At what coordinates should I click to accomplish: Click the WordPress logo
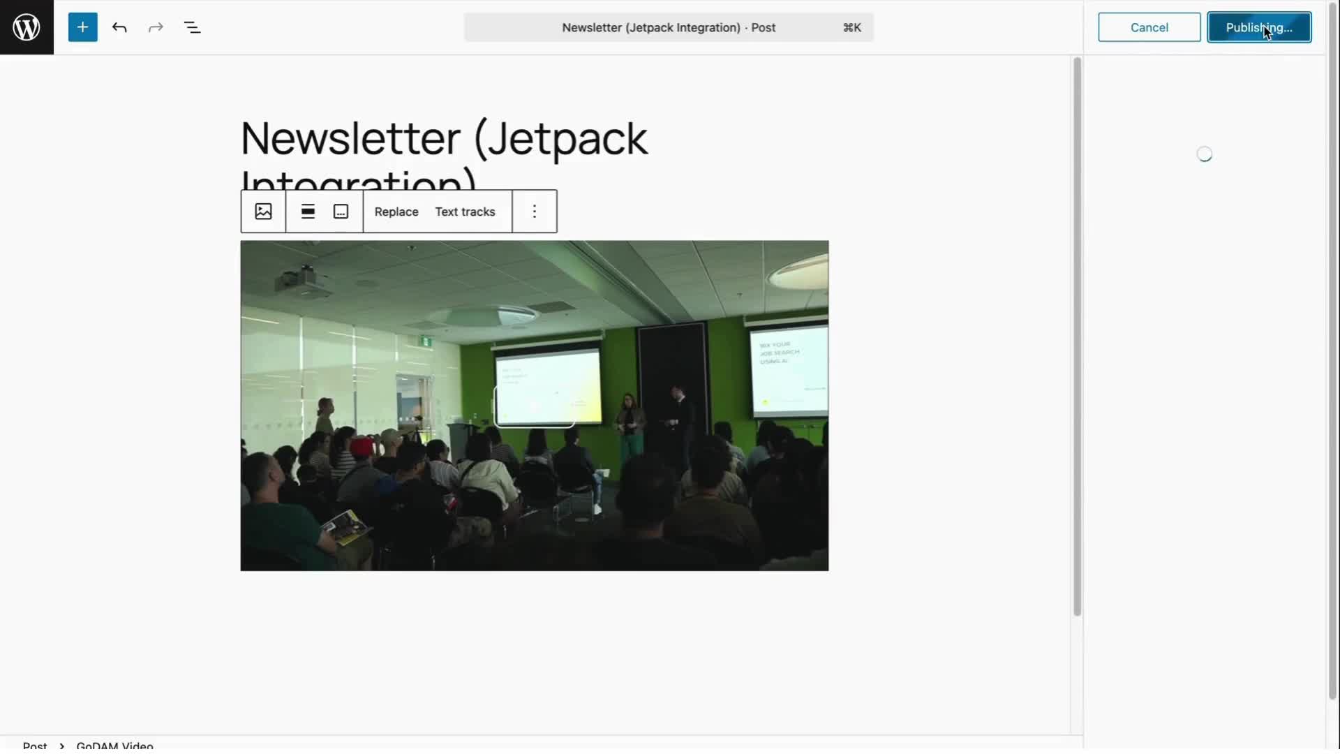pyautogui.click(x=27, y=27)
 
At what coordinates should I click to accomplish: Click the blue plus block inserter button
pyautogui.click(x=82, y=27)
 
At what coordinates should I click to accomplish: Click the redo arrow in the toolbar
pyautogui.click(x=156, y=27)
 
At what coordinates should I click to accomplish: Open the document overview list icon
pyautogui.click(x=192, y=27)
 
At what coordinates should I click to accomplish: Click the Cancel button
pyautogui.click(x=1149, y=27)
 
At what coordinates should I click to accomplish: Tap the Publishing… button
pyautogui.click(x=1258, y=27)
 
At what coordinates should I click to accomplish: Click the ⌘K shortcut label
pyautogui.click(x=851, y=27)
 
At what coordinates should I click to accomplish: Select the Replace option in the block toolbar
pyautogui.click(x=396, y=212)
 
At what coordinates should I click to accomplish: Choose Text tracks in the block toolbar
pyautogui.click(x=465, y=212)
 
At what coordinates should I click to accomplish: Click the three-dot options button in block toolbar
pyautogui.click(x=535, y=212)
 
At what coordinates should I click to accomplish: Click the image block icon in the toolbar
pyautogui.click(x=263, y=212)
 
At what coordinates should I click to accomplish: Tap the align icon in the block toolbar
pyautogui.click(x=308, y=212)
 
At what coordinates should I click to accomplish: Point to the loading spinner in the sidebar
pyautogui.click(x=1204, y=154)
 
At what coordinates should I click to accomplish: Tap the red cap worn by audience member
pyautogui.click(x=362, y=445)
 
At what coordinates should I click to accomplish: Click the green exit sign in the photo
pyautogui.click(x=425, y=341)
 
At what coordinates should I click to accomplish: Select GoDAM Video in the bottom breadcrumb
pyautogui.click(x=114, y=745)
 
